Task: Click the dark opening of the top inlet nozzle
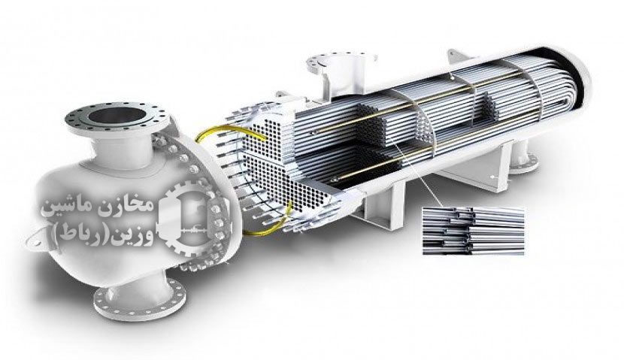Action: (117, 115)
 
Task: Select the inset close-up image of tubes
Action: (474, 231)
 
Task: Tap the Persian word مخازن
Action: (125, 206)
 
